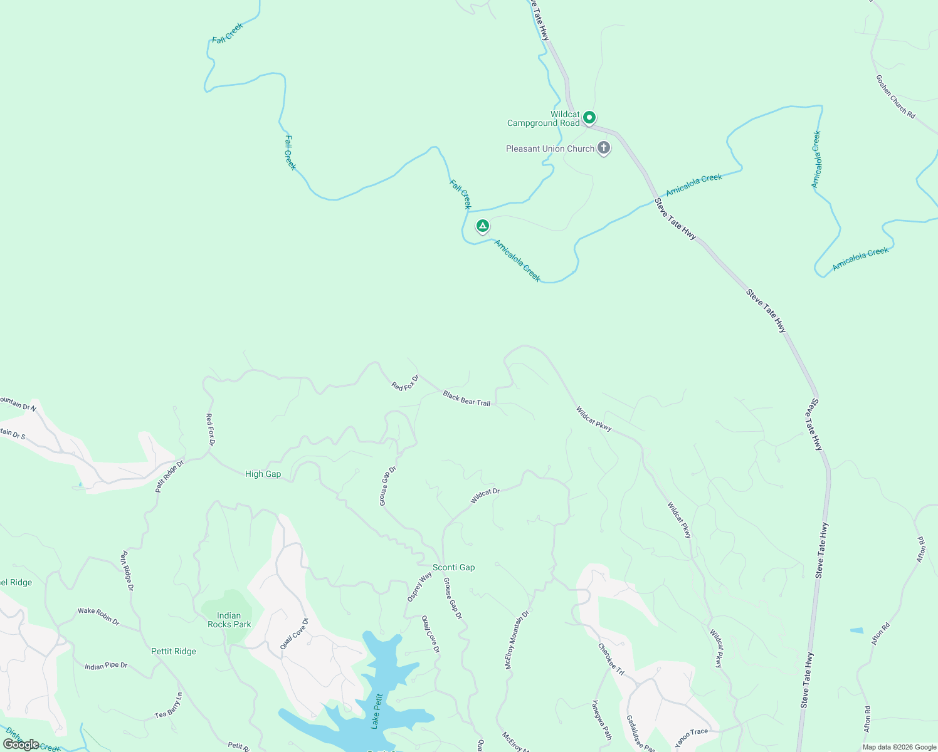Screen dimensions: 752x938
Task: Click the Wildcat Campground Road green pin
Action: [589, 117]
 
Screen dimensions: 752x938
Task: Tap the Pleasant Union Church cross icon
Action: [603, 148]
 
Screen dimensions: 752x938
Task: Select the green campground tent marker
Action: [482, 226]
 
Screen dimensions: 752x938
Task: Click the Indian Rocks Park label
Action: [229, 620]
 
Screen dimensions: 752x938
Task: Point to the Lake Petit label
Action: [377, 711]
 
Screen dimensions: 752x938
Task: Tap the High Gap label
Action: [263, 474]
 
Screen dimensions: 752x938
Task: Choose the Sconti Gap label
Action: [453, 567]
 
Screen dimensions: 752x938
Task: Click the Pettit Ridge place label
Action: [174, 651]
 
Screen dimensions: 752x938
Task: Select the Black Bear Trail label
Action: [466, 399]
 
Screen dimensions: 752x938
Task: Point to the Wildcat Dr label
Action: [485, 496]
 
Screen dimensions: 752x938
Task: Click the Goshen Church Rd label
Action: [895, 97]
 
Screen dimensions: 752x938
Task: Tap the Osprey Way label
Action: [419, 587]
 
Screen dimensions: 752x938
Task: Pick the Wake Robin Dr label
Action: [98, 615]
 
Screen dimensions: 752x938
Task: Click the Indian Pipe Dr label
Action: [106, 666]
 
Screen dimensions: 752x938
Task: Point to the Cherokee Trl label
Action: [611, 659]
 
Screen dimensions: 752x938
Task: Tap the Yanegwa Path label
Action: [602, 720]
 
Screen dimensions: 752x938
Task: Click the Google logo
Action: [21, 744]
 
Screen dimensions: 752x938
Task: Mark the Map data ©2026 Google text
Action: [899, 747]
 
